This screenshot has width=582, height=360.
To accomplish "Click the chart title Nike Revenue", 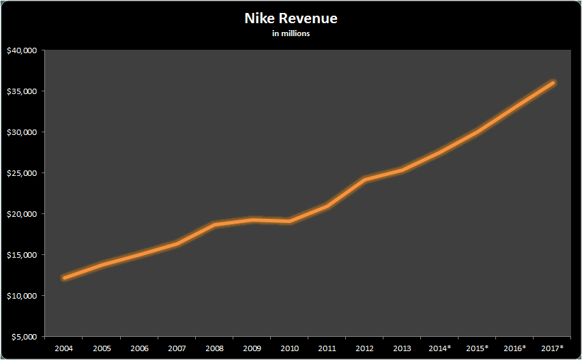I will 291,18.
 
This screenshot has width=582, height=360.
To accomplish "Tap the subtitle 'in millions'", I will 291,33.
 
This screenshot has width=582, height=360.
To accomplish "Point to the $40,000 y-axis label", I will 23,50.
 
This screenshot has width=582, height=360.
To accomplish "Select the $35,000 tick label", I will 23,91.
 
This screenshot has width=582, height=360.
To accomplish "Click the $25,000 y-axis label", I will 23,173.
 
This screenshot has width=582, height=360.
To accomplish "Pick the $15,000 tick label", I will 23,255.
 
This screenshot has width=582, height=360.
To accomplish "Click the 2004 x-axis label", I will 63,348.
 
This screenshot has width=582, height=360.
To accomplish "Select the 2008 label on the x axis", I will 214,348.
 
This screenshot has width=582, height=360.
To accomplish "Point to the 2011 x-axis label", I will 328,348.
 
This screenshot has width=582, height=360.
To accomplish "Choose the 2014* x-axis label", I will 440,348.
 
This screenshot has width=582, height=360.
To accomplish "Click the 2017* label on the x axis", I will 553,348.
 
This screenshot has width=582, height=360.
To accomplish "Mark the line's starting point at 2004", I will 63,277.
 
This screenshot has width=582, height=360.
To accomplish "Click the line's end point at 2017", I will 553,82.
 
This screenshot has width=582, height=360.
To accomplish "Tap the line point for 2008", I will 214,224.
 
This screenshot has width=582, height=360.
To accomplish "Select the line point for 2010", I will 290,221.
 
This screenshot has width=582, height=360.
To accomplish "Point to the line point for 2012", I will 365,179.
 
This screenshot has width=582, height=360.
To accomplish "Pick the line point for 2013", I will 403,170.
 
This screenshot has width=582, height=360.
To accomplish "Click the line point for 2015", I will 478,132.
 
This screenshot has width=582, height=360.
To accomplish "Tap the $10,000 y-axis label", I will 23,296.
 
